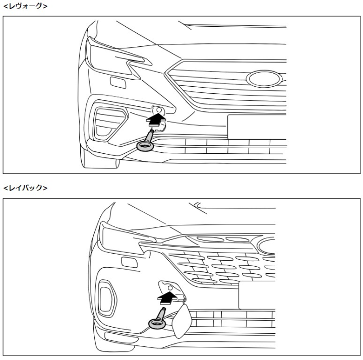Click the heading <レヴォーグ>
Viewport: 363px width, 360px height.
[x=26, y=6]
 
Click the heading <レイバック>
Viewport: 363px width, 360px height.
[x=26, y=188]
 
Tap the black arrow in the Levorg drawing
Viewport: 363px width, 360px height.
[x=156, y=119]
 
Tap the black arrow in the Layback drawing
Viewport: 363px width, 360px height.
[x=167, y=297]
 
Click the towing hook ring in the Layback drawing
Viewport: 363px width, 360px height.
[x=157, y=323]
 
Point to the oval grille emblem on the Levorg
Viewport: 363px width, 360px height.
[x=264, y=79]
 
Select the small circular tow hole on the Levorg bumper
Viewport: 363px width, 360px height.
[x=159, y=110]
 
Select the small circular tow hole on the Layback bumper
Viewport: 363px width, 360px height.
[x=170, y=288]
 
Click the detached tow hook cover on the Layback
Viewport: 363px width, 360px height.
[x=181, y=321]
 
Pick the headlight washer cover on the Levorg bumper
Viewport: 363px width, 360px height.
[x=118, y=83]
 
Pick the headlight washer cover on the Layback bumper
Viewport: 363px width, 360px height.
[x=130, y=262]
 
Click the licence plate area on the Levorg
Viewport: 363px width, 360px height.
[x=257, y=127]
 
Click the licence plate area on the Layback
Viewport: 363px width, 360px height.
[x=257, y=295]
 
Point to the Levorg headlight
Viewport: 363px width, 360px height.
[x=113, y=58]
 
